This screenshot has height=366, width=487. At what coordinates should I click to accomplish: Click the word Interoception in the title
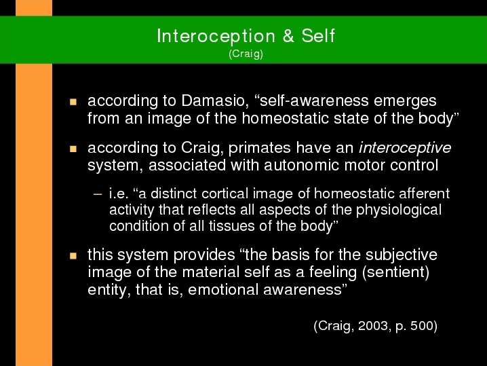216,36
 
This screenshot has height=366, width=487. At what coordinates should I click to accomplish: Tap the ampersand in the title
288,35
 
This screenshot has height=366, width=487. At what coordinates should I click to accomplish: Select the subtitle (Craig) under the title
246,54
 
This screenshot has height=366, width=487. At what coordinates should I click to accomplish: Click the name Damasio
215,100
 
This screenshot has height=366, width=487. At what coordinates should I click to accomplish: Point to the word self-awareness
314,100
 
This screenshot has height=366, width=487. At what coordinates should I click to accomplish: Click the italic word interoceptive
405,148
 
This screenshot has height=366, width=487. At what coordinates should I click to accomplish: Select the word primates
259,148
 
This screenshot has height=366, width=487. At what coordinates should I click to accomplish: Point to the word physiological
399,211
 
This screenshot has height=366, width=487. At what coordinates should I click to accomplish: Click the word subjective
402,255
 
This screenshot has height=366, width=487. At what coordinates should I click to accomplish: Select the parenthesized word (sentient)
395,272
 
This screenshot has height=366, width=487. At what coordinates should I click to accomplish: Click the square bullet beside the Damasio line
73,102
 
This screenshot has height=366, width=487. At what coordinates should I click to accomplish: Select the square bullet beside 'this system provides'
73,256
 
